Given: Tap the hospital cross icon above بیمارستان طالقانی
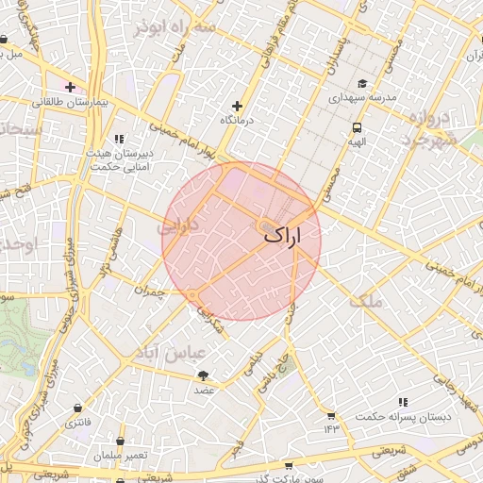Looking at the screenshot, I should pos(71,87).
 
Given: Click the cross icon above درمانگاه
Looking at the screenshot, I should pos(237,107).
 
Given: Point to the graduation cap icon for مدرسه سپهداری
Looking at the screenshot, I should pos(362,83).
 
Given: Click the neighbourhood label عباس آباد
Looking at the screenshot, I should pos(190,356).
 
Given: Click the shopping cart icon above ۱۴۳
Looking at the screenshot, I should pos(331,415).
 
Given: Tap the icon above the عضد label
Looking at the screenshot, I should pos(202,375).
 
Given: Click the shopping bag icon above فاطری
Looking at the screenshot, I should pos(76,408).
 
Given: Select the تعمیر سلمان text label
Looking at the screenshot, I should pos(120,456).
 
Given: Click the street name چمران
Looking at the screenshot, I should pos(149,291).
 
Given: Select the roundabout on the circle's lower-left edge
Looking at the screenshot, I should pos(192,295).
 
